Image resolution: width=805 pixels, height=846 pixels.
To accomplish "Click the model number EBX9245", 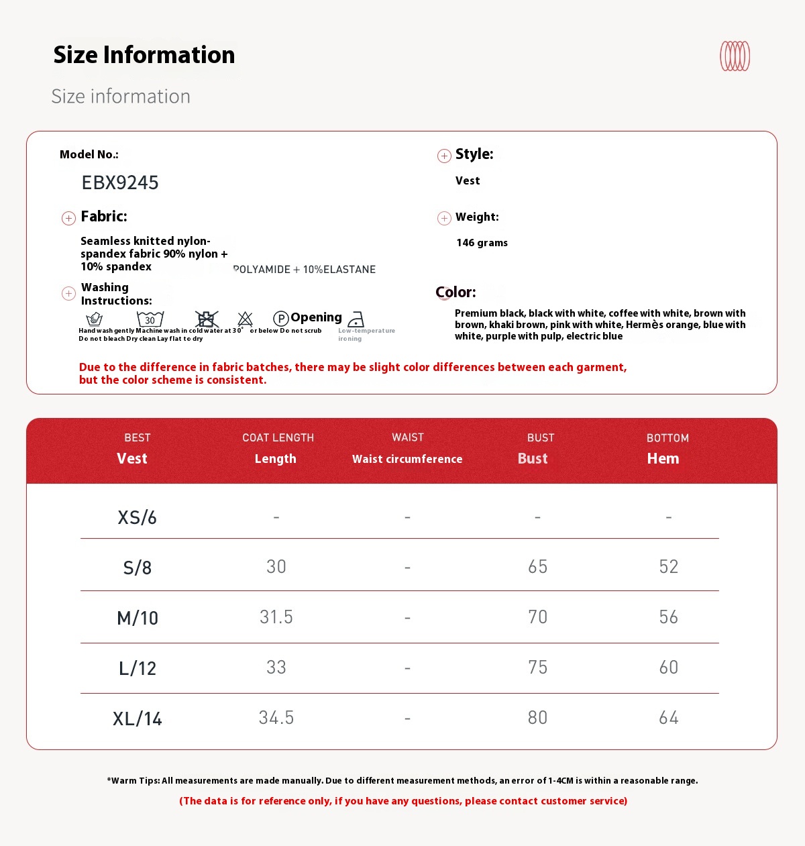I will [x=120, y=182].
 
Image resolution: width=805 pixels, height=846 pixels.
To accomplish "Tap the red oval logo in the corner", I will [x=735, y=56].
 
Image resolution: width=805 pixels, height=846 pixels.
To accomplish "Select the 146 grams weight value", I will [x=482, y=243].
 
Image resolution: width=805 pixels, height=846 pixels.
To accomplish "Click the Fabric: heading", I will [x=104, y=217].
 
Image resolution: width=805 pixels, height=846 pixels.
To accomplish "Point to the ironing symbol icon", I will [x=356, y=319].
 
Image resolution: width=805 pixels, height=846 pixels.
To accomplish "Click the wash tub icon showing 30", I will [x=150, y=319].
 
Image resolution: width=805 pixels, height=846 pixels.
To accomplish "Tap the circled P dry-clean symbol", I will [x=281, y=319].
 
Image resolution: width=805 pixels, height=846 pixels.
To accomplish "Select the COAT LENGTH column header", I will [x=278, y=438].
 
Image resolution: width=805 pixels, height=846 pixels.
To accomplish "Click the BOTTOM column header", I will [x=667, y=438].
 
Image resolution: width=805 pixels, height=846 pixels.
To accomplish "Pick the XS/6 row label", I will [x=137, y=517].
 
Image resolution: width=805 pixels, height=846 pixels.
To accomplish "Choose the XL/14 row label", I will [x=138, y=719].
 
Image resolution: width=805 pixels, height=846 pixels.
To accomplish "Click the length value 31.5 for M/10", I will [x=276, y=617].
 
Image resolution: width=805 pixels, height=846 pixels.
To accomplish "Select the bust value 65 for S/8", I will [x=537, y=567].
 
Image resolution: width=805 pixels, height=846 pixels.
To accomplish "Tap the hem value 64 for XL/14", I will [x=668, y=718].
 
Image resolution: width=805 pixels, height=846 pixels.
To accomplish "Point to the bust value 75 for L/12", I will [x=537, y=668].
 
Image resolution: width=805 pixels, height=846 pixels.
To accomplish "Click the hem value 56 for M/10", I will [x=668, y=617].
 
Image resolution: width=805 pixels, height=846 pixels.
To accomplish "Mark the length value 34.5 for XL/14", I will [x=276, y=718].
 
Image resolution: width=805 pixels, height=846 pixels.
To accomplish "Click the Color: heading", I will [x=455, y=293].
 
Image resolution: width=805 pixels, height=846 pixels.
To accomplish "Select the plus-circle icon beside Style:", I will [x=444, y=156].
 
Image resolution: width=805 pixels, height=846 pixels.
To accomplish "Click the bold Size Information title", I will [x=144, y=55].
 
